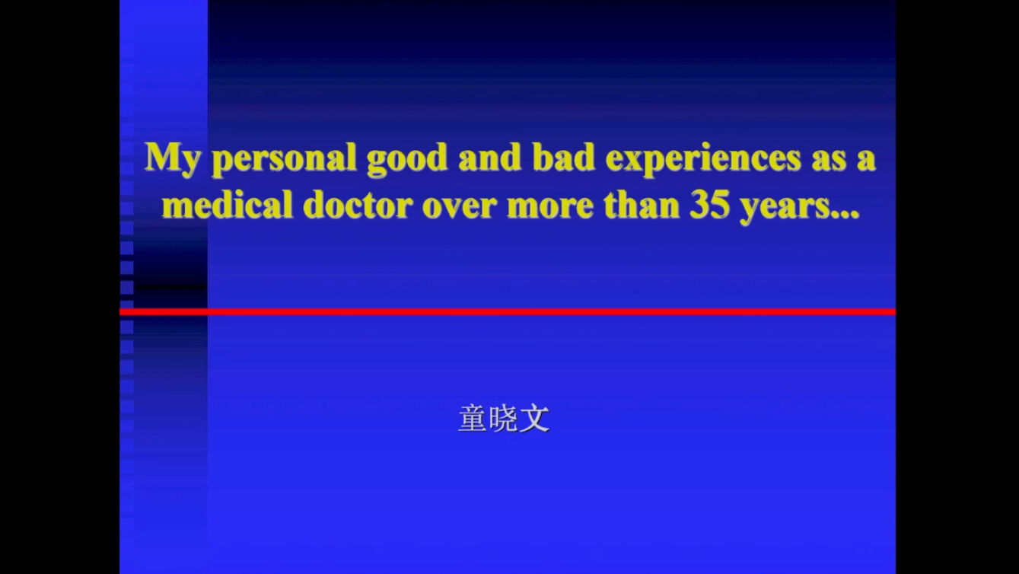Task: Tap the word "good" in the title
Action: click(407, 159)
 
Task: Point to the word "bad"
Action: click(564, 157)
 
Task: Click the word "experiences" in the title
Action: click(703, 159)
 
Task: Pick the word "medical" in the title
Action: click(227, 204)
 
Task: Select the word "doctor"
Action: click(358, 204)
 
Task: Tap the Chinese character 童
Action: click(473, 418)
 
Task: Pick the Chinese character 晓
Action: click(504, 418)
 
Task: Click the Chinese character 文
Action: click(534, 418)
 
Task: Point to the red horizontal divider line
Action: click(508, 312)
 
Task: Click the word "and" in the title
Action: click(490, 157)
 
